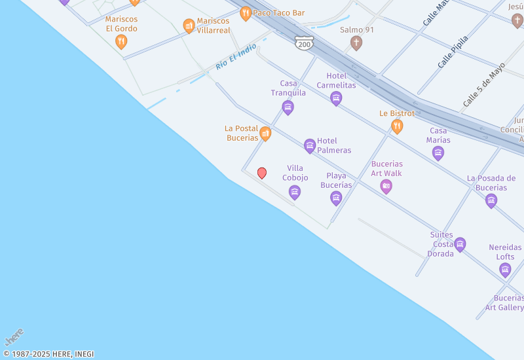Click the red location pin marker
262,173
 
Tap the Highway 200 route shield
303,43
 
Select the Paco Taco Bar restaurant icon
246,13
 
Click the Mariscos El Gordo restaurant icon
121,42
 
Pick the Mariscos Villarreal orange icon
189,26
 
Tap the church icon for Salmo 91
356,43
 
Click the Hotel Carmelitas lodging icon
336,99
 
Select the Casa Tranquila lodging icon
288,107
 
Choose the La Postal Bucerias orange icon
265,134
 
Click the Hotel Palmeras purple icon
310,145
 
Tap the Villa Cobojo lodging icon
295,192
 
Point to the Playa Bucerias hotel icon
336,198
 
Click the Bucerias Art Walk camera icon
386,187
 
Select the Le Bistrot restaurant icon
397,126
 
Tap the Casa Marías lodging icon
438,153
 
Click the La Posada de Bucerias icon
491,201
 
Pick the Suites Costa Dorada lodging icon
460,245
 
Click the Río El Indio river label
236,58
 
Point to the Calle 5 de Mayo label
484,84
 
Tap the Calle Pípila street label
453,52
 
